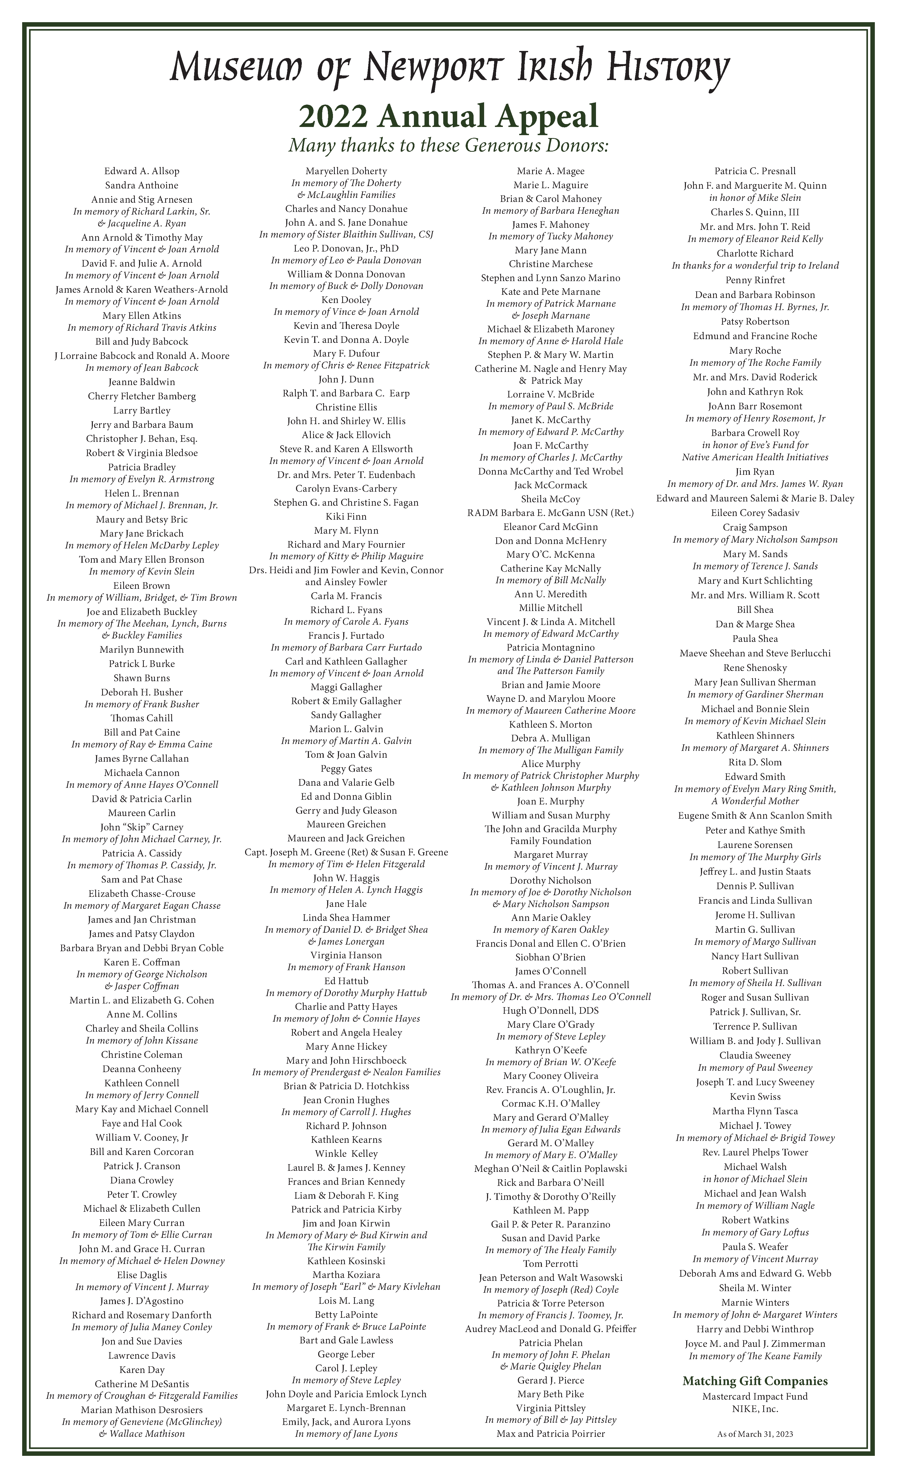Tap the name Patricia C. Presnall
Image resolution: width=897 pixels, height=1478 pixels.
click(755, 171)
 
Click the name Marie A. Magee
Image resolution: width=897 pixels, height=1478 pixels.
click(550, 171)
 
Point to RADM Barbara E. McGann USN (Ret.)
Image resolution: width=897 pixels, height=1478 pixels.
click(550, 513)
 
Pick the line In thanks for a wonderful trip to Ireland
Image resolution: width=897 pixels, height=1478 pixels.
click(755, 266)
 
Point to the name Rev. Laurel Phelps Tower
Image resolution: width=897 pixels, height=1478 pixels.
click(755, 1152)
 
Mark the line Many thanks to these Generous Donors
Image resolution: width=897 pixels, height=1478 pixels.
click(448, 146)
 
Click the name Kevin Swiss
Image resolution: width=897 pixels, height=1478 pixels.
click(755, 1097)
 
